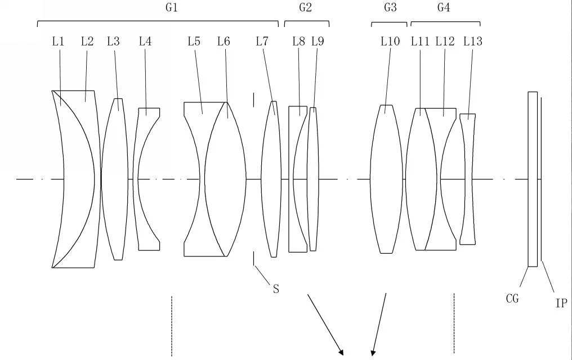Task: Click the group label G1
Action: pos(172,7)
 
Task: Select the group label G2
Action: pos(305,7)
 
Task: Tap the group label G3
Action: pos(390,7)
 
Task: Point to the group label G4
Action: pos(444,7)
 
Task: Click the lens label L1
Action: pos(58,42)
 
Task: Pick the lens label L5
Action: pos(194,42)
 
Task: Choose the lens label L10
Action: pos(390,42)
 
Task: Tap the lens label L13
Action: pos(473,42)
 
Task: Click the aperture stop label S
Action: pos(276,289)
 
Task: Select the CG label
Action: pos(512,299)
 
